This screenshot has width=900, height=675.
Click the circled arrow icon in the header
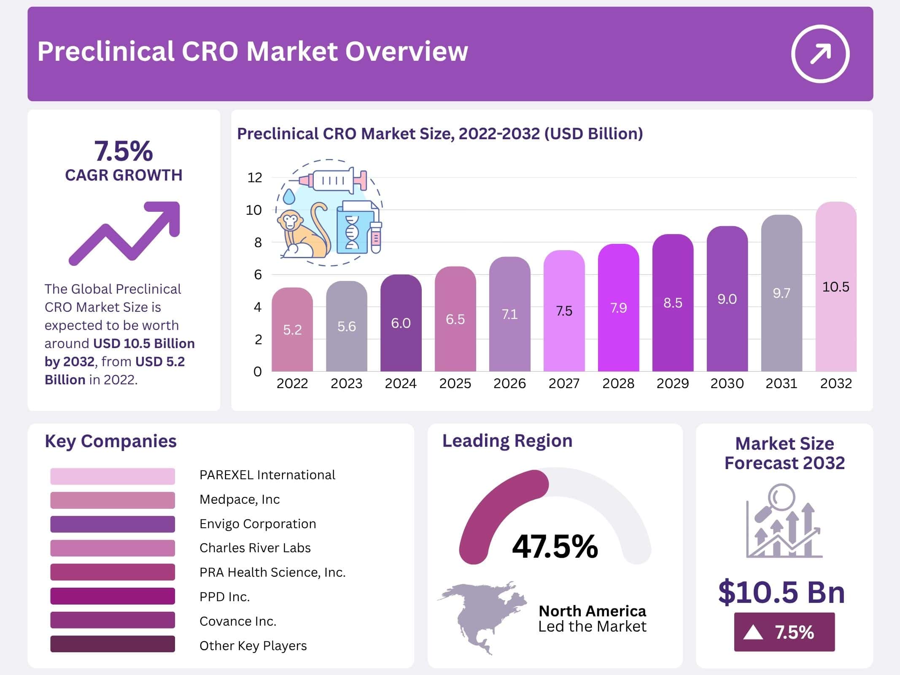(x=820, y=54)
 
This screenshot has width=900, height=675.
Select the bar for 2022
(x=292, y=329)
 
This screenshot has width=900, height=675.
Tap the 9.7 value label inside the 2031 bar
(x=781, y=293)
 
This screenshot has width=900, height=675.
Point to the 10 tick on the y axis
(x=254, y=210)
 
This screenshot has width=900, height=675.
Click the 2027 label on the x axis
(x=564, y=383)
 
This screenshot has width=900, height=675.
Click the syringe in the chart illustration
(x=333, y=181)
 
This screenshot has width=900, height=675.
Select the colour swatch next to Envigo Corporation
(x=112, y=524)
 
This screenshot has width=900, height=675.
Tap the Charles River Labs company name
(x=255, y=548)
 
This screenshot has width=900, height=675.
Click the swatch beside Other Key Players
(x=112, y=644)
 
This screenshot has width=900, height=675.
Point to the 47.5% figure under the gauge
(x=555, y=547)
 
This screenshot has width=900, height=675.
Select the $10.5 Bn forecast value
(x=781, y=592)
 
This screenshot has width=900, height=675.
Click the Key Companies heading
(x=110, y=441)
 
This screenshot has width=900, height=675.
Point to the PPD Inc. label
(x=224, y=597)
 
